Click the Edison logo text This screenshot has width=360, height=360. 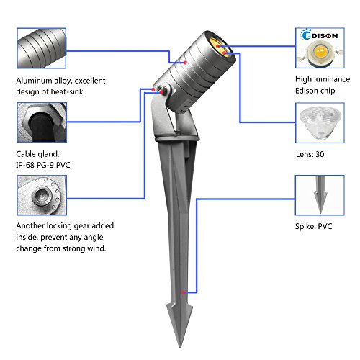coord(320,35)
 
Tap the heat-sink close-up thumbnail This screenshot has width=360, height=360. coord(42,48)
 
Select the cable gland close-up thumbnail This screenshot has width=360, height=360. coord(42,122)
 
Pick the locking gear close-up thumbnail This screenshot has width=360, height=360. coord(42,195)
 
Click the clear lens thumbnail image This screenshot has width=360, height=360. coord(320,123)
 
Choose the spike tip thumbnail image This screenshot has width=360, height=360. coord(320,195)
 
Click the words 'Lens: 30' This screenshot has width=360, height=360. coord(310,154)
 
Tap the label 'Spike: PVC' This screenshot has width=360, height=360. coord(313,226)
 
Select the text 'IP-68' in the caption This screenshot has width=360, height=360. coord(25,165)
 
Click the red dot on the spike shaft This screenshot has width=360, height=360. coord(184,292)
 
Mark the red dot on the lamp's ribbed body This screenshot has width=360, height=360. coord(185,63)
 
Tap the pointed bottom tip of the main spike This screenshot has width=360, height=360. coord(180,347)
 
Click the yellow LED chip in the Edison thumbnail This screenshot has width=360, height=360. coord(320,51)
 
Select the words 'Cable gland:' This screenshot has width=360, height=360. coord(37,154)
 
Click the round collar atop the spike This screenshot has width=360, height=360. coord(177,138)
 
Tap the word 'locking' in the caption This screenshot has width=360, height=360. coord(59,226)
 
